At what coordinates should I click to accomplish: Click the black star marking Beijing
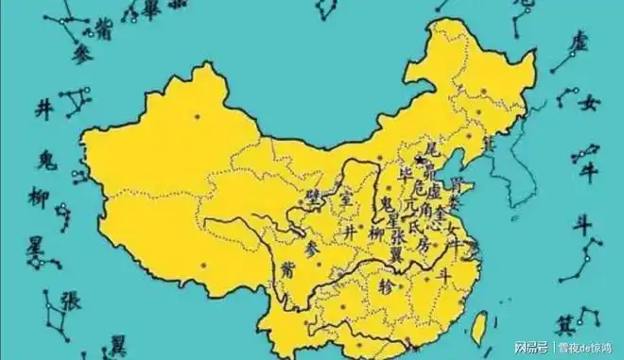click(420, 161)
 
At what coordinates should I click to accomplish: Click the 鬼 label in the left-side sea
click(44, 160)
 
